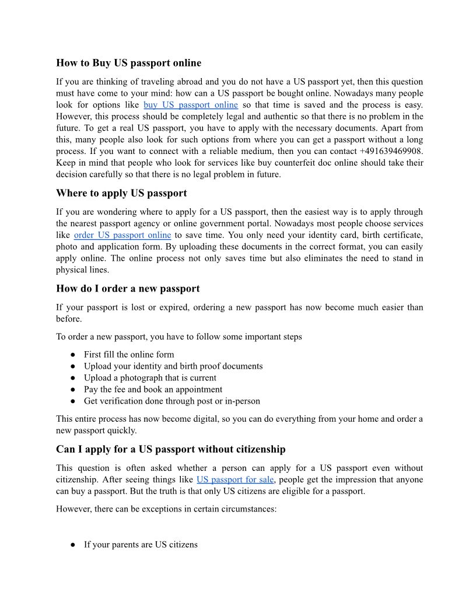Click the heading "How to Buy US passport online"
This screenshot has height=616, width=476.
128,62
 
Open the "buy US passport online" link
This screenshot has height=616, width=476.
190,105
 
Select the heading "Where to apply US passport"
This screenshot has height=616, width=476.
121,192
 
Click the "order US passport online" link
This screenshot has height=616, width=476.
122,235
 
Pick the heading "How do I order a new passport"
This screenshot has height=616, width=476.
128,288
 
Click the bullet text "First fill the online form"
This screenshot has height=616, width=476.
129,355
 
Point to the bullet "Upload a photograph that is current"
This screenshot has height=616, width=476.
150,378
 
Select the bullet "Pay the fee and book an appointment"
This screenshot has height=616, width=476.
153,390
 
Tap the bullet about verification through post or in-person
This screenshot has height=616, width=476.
171,401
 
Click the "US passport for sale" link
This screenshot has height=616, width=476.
235,480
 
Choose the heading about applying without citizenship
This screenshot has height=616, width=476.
170,449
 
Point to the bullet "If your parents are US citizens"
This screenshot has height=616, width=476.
141,545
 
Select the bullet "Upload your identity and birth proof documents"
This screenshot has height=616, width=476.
173,366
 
